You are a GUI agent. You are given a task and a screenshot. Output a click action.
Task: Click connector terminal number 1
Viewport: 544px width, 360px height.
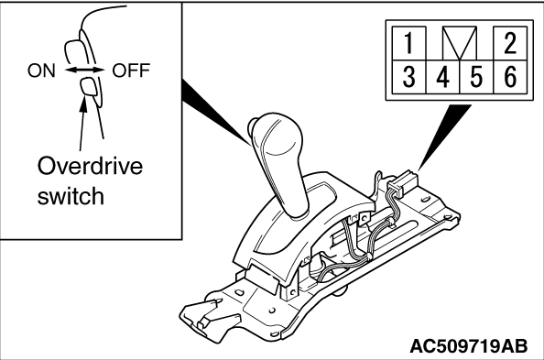coord(408,43)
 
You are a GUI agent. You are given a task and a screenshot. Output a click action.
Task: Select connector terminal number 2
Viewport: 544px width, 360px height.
coord(510,43)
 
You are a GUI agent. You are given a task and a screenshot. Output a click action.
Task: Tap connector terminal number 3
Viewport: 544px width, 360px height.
coord(408,77)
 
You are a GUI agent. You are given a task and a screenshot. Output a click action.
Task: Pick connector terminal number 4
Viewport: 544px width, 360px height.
coord(442,77)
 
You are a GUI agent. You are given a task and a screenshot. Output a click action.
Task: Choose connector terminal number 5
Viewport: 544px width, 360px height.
coord(476,77)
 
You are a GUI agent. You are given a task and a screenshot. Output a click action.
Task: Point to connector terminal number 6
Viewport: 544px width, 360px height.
coord(510,77)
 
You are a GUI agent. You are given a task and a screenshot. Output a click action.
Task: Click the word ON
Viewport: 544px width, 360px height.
coord(41,71)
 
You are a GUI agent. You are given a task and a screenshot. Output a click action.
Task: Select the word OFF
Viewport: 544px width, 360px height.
coord(131,71)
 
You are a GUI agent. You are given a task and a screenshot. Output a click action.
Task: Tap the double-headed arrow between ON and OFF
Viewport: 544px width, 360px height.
coord(84,71)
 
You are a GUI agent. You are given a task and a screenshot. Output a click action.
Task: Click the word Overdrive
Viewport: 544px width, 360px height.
coord(90,166)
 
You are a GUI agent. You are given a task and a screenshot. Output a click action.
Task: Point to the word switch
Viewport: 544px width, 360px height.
coord(71,195)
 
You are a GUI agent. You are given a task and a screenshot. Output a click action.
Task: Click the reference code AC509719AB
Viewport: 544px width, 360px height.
coord(469,345)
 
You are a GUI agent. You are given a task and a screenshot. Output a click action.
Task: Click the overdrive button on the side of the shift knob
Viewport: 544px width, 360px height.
coord(252,125)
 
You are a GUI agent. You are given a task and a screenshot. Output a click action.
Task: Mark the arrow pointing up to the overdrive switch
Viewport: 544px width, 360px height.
coord(82,124)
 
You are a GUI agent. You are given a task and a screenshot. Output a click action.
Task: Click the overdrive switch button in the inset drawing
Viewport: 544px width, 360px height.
coord(89,86)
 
